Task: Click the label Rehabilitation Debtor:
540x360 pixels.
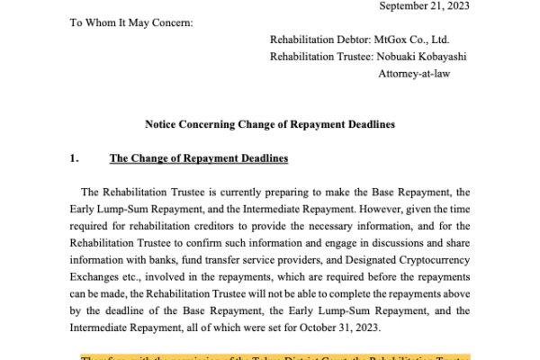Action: tap(326, 40)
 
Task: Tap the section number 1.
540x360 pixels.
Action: tap(74, 159)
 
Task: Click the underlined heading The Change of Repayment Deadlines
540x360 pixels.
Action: tap(198, 159)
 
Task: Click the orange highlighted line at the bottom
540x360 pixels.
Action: tap(270, 355)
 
